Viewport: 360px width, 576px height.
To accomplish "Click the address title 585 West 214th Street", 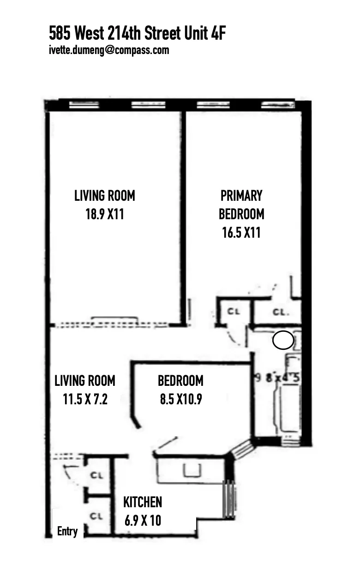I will tap(137, 34).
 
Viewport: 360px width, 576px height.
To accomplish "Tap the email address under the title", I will tap(109, 50).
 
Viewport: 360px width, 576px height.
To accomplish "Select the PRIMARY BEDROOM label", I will tap(241, 204).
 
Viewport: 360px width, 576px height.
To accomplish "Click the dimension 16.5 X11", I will tap(241, 233).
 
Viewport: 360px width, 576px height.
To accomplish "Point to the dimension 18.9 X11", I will tap(105, 215).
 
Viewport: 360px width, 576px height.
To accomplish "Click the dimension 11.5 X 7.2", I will tap(85, 399).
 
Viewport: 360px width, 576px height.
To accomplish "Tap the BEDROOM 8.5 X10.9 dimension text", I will tap(180, 399).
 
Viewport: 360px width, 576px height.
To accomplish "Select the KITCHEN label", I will tap(143, 502).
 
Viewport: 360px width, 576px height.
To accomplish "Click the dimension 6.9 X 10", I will tap(143, 521).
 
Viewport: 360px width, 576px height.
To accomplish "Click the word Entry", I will tap(67, 531).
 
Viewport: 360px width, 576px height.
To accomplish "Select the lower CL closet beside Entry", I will tap(96, 516).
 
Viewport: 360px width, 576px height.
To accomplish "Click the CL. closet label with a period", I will tap(281, 312).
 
